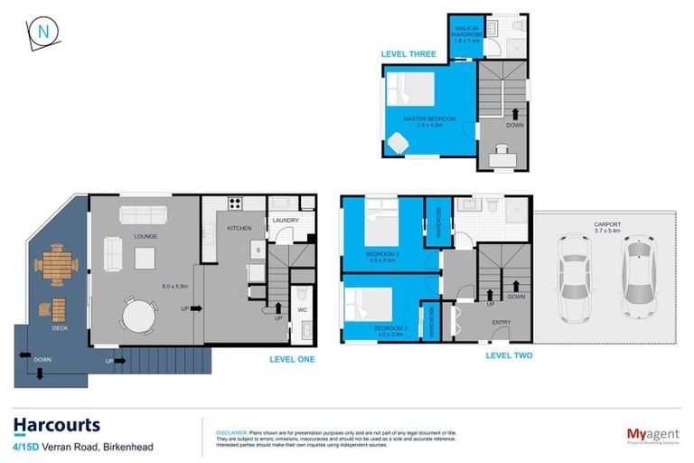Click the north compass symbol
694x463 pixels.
(42, 33)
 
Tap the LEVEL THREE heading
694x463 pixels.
(408, 54)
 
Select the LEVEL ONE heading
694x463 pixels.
(293, 358)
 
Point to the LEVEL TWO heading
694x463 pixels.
(509, 355)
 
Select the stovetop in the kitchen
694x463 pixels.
(235, 203)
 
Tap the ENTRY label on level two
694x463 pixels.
(502, 322)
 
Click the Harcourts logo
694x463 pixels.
(56, 424)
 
